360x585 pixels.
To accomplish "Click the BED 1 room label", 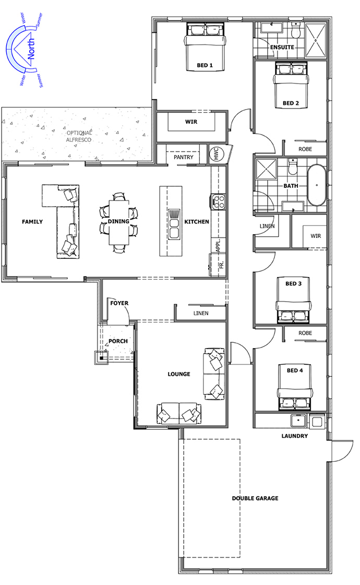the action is pos(205,65).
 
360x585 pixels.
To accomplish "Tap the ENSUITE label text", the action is pos(282,47).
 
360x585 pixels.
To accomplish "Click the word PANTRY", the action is pos(184,157).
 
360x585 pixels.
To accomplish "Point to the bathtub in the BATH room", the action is pos(317,185).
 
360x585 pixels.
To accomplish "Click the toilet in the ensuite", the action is pos(295,31).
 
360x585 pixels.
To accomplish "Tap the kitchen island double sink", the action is pos(174,224).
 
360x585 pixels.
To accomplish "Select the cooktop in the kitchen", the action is pos(218,201).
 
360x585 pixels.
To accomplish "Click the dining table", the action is pos(118,222).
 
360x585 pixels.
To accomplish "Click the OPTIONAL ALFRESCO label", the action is pos(79,136).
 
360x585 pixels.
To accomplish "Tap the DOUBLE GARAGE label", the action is pos(255,498).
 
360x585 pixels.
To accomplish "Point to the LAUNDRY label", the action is pos(295,436).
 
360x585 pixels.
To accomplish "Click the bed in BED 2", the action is pos(291,85).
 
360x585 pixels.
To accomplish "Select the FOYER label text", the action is pos(119,303).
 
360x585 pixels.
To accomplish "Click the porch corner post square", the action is pos(101,358).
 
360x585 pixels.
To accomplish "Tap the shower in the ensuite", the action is pos(316,39).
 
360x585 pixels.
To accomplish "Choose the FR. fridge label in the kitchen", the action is pos(221,265).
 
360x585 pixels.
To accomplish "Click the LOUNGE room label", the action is pos(179,374).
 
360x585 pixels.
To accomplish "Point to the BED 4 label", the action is pos(295,371).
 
